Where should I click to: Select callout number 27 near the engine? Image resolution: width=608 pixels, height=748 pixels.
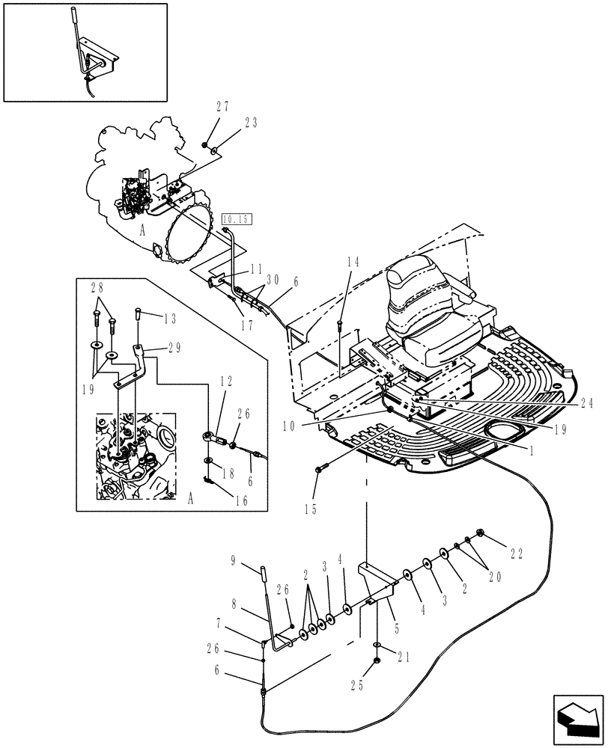click(204, 107)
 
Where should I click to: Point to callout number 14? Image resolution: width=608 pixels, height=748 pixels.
click(353, 261)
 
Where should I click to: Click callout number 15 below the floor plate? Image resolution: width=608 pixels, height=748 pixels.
click(311, 510)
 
